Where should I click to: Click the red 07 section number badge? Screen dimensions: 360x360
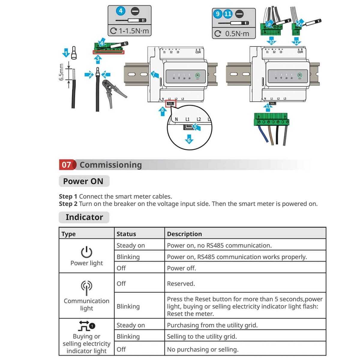click(66, 165)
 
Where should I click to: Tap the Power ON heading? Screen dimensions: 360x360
click(83, 181)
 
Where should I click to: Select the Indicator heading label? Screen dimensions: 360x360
click(84, 217)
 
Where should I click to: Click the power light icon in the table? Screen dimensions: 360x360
click(86, 252)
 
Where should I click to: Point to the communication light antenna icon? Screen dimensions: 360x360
click(86, 287)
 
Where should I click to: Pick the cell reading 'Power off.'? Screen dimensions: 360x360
click(181, 268)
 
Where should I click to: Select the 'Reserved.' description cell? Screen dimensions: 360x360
click(181, 283)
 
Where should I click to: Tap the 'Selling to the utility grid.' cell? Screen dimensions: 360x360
click(202, 336)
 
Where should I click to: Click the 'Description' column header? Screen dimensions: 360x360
click(184, 234)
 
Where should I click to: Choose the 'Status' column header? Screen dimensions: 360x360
click(126, 234)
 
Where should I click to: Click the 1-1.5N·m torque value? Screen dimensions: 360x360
click(133, 31)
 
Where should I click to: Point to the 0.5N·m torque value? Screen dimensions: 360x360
click(237, 34)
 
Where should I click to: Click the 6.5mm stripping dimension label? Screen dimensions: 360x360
click(61, 72)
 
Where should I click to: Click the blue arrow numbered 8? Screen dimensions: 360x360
click(162, 111)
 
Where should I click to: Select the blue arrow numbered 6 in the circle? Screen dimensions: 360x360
click(189, 140)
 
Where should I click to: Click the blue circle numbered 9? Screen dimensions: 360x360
click(218, 14)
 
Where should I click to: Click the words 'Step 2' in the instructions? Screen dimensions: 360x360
click(68, 204)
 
